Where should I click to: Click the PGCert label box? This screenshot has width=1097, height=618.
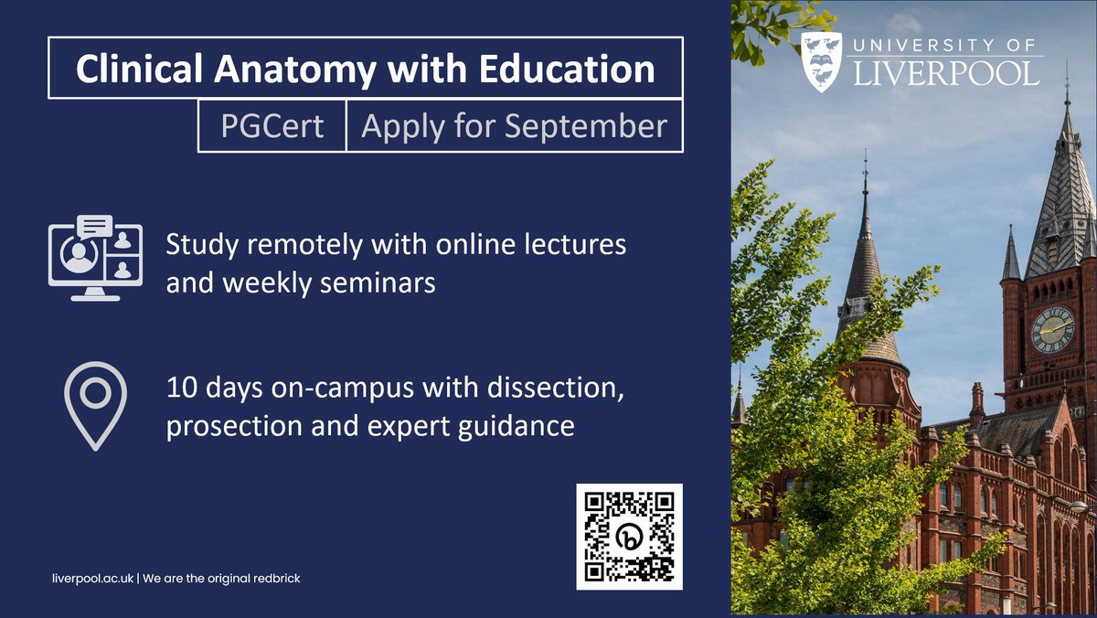(x=272, y=126)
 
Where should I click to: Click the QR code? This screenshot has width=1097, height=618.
(x=629, y=537)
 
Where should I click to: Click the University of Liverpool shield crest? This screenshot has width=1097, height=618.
(x=821, y=61)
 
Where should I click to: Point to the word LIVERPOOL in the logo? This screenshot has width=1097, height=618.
(x=946, y=73)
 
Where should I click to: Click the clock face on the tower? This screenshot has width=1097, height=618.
(x=1052, y=330)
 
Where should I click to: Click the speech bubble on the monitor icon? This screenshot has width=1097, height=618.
(x=95, y=226)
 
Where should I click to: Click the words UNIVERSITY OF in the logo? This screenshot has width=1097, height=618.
(x=946, y=45)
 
